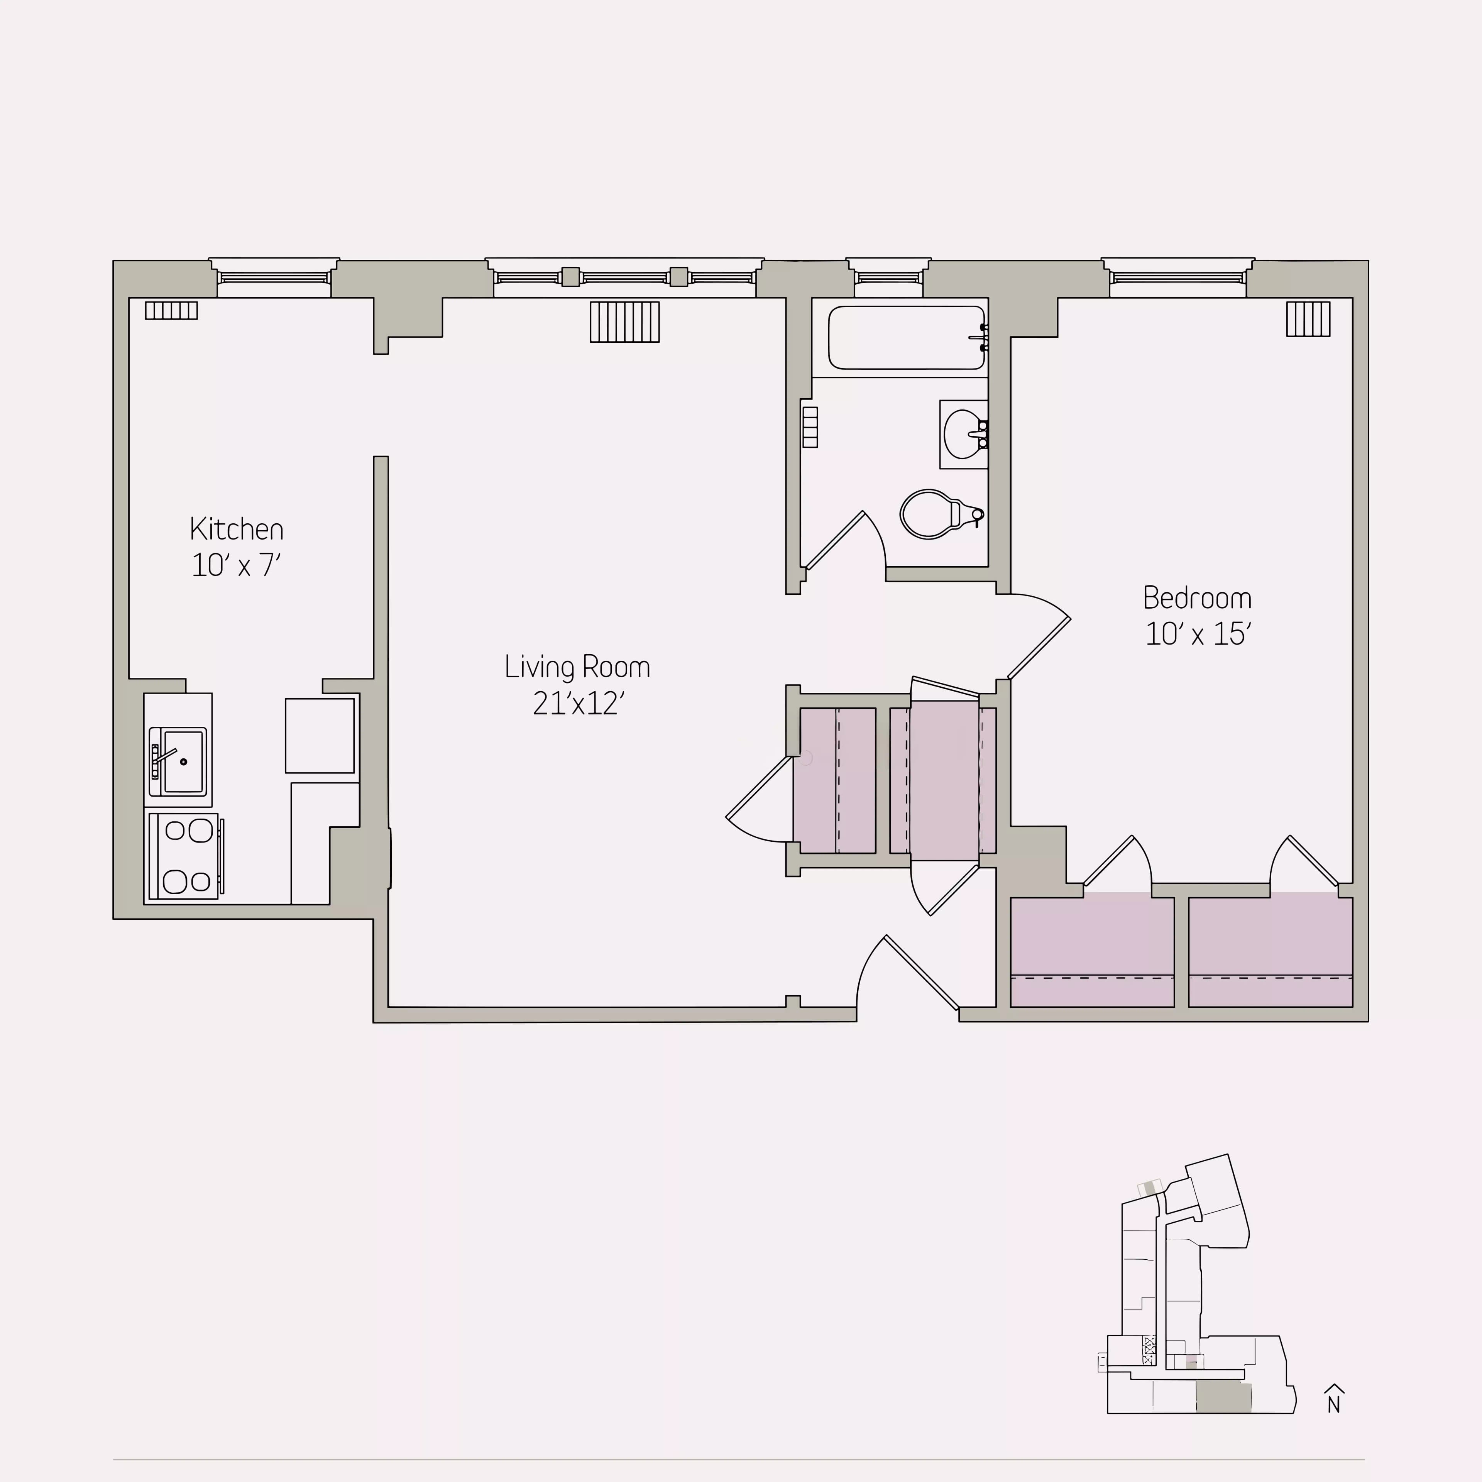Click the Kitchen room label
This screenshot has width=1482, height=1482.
coord(236,529)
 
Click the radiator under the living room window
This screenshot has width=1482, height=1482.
coord(624,321)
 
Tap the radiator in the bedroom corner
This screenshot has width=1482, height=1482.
coord(1308,318)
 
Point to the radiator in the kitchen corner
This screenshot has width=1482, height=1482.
coord(171,310)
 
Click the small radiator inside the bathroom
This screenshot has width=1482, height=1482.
coord(810,426)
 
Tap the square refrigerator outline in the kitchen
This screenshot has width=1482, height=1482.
coord(319,735)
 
